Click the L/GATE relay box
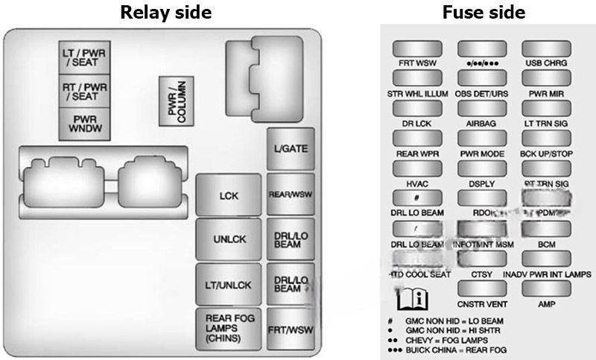point(290,148)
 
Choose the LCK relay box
point(229,196)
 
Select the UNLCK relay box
point(229,240)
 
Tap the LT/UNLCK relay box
point(229,285)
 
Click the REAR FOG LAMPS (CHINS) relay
point(229,328)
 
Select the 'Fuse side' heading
point(483,12)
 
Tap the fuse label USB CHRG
point(545,64)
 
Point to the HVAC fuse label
point(417,184)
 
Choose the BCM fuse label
point(545,244)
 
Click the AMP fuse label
point(545,305)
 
